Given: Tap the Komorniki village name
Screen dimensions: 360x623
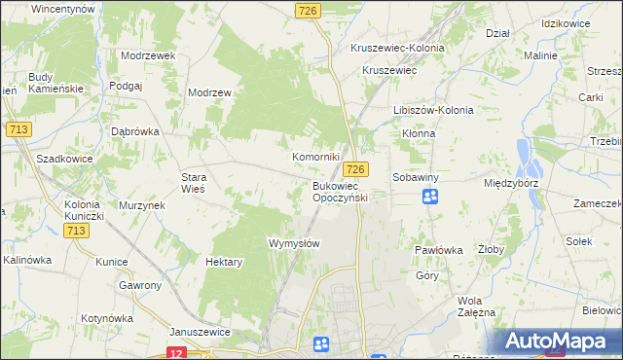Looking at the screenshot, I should click(316, 157).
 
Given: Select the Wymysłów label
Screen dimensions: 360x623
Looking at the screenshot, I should click(294, 243).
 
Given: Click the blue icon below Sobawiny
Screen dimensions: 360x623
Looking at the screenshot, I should click(430, 197).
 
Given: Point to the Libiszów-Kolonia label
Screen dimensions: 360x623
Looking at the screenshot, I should click(433, 110).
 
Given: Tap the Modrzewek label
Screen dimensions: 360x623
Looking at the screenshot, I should click(148, 55).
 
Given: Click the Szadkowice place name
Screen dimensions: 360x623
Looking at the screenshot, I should click(63, 158).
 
